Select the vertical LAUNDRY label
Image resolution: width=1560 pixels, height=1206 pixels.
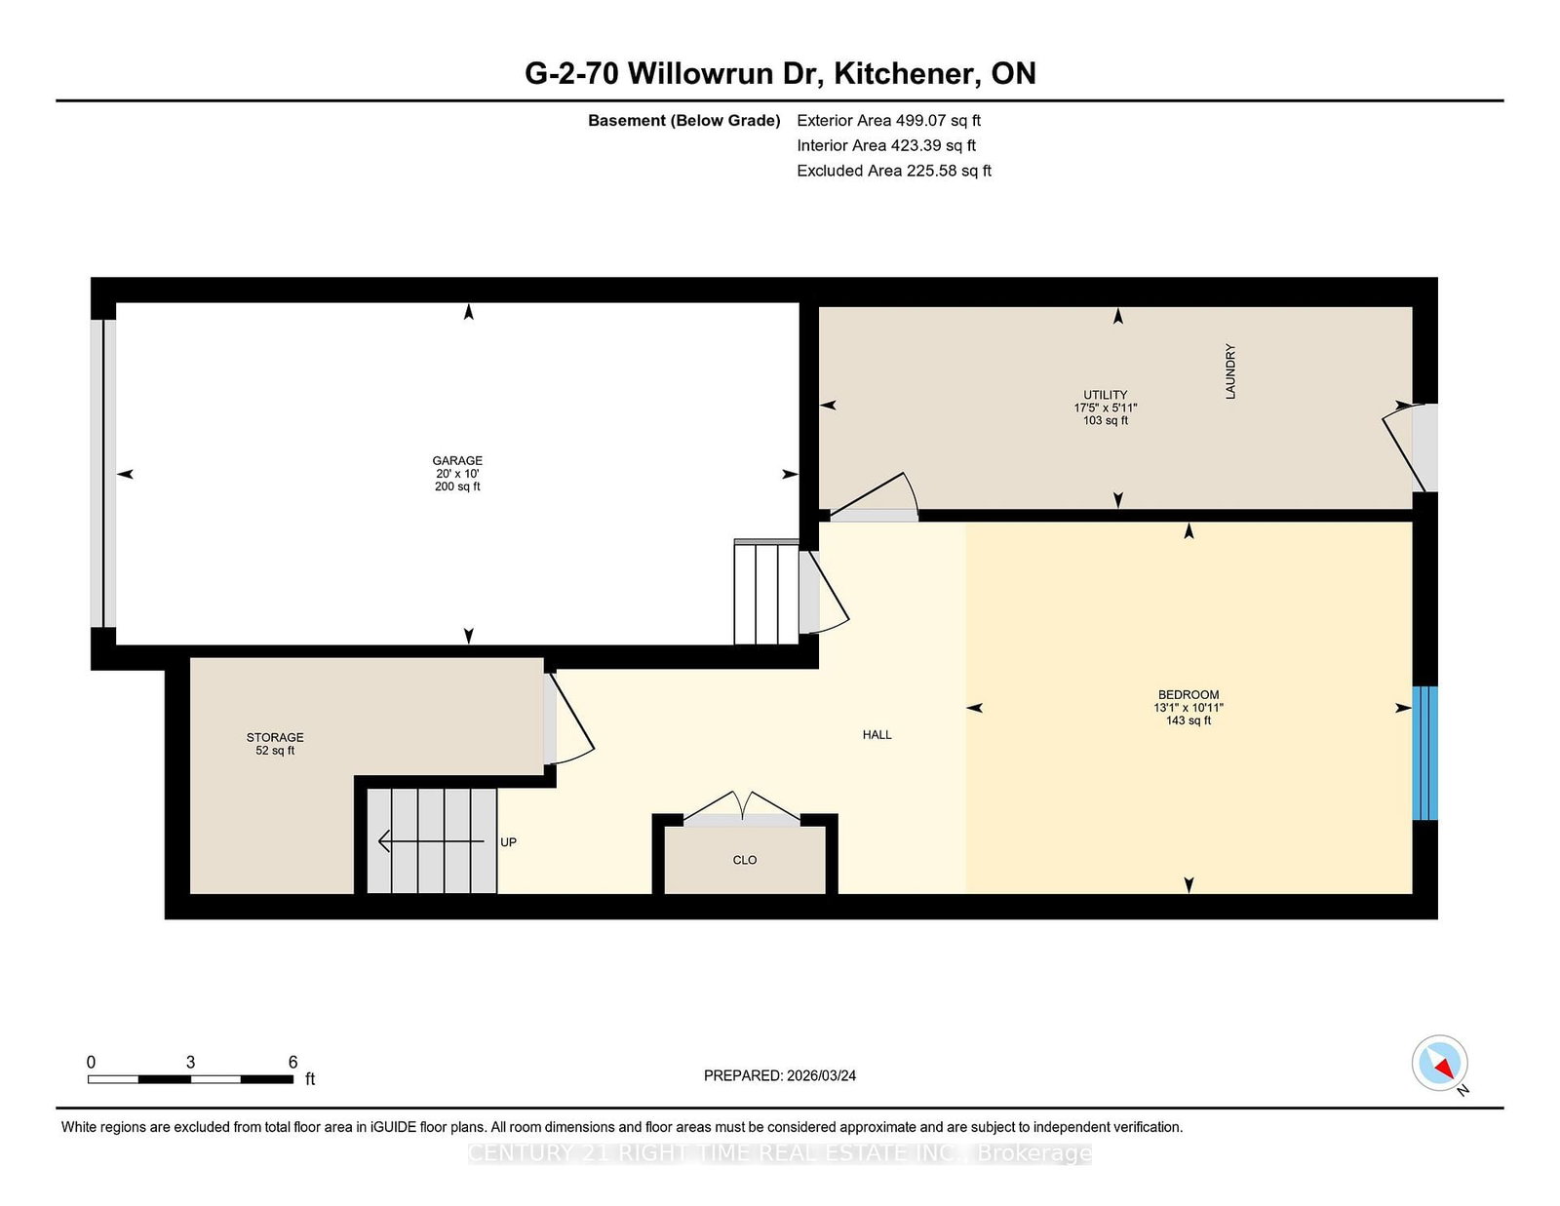(1230, 371)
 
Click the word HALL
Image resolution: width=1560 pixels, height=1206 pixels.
(877, 735)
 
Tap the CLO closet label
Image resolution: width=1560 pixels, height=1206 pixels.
(744, 860)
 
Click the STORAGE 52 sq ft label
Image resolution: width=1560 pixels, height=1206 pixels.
(275, 744)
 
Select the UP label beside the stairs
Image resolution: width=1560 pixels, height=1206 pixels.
(508, 842)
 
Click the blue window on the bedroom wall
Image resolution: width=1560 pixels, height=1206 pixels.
(1424, 753)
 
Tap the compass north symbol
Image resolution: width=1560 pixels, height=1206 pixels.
(1440, 1064)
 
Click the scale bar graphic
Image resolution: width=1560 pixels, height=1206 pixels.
(190, 1079)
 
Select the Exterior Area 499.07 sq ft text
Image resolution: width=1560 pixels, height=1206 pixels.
(888, 121)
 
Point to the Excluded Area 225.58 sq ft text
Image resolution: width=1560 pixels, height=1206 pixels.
(893, 171)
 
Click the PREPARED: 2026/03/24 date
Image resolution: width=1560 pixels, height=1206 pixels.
(779, 1075)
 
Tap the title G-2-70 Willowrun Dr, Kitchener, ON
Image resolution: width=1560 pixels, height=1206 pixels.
(780, 74)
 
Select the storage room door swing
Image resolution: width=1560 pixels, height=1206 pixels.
(569, 719)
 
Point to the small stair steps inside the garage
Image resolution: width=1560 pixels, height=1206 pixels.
(766, 593)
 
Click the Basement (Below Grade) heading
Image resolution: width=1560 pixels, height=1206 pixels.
(683, 121)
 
